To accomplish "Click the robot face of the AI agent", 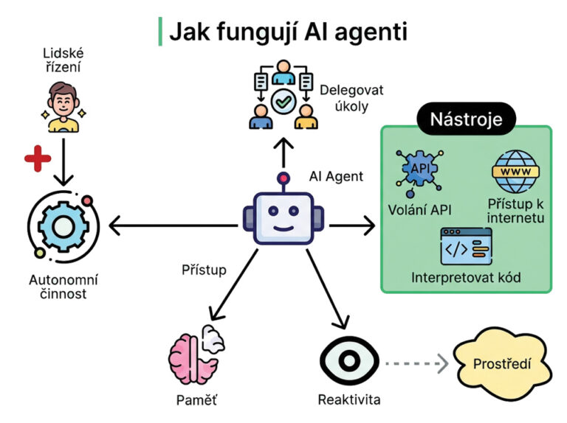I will point(283,219).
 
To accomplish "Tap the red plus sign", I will point(36,159).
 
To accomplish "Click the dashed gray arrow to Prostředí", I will point(416,363).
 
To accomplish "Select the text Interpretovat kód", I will point(466,278).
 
